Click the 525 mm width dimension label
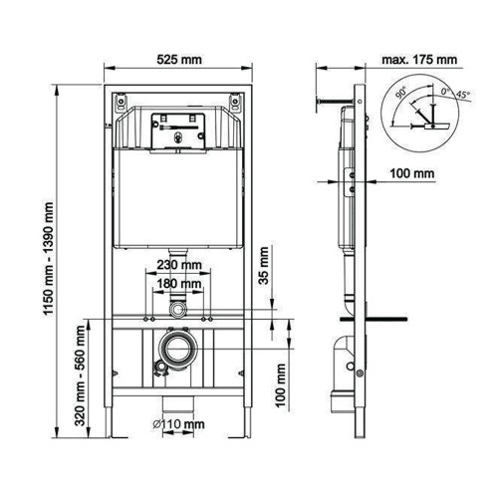179,60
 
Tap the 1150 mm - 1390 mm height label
49,259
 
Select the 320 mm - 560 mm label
80,375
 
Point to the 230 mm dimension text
179,265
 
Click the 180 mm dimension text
179,284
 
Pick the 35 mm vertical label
264,265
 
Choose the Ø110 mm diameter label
178,424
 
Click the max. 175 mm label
419,60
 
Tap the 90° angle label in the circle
401,93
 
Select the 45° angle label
463,95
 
